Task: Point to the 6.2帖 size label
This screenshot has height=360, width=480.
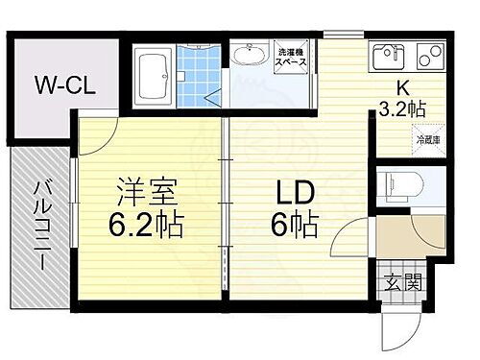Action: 145,227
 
